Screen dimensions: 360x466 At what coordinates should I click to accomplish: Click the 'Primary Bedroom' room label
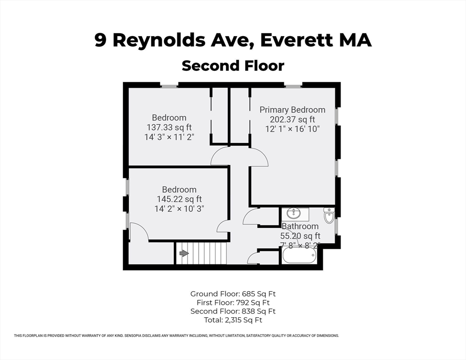292,110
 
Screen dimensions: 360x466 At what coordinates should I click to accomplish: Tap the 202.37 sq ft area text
292,119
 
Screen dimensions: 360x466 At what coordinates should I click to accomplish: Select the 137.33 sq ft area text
169,127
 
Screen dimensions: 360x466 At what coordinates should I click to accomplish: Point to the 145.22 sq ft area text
179,199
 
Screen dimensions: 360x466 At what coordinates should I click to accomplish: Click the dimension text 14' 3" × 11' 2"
169,137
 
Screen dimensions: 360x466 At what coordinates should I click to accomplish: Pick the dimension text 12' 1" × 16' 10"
292,129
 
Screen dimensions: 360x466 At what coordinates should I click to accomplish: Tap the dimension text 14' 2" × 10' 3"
179,209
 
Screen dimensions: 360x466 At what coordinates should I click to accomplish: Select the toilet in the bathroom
329,216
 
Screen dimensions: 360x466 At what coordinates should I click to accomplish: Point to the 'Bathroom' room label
300,226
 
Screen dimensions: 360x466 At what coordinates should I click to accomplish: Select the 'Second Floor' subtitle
233,65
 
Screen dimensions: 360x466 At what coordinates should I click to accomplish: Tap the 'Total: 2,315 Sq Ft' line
233,320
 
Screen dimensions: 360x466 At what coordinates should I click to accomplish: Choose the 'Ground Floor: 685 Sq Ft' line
233,294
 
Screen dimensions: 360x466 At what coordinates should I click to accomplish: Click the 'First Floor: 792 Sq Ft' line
233,302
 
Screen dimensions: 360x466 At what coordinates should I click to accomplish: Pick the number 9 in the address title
100,40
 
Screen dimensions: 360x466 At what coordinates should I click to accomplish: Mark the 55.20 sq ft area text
300,236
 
